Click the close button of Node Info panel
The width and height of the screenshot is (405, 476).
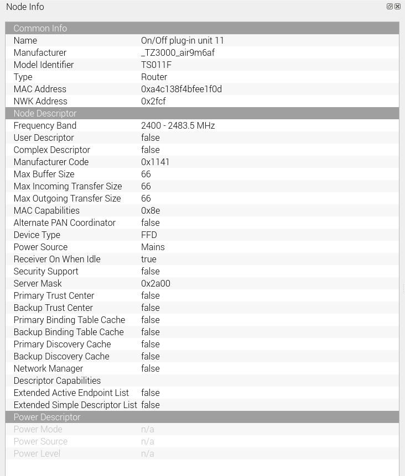click(397, 7)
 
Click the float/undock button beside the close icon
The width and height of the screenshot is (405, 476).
click(390, 7)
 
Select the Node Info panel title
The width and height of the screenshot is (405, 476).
click(25, 7)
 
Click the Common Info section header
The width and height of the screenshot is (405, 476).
click(40, 28)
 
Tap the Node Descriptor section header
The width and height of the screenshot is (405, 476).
click(45, 113)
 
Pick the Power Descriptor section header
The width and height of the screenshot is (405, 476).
click(46, 417)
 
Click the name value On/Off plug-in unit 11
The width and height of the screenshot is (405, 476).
click(183, 40)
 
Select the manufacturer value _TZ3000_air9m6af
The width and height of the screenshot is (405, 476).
click(178, 52)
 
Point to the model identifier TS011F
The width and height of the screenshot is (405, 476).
click(156, 65)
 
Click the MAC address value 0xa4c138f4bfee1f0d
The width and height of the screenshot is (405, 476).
click(181, 89)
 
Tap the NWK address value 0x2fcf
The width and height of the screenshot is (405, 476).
click(153, 101)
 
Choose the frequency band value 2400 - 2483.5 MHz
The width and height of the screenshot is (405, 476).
click(178, 125)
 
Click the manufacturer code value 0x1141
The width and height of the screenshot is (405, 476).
click(155, 162)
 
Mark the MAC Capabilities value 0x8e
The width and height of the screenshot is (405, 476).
click(150, 210)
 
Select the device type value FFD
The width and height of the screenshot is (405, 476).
click(149, 235)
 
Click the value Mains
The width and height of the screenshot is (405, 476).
click(153, 247)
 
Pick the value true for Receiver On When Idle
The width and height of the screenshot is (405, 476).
click(149, 259)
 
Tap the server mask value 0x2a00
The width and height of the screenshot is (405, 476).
click(155, 283)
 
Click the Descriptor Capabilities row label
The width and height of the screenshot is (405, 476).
click(57, 380)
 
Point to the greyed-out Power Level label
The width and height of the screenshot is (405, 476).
click(37, 453)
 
